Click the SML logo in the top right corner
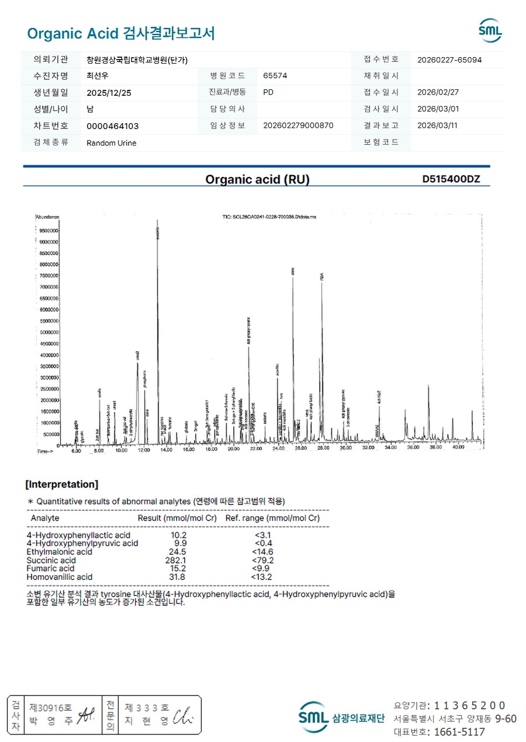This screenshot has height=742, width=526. [490, 30]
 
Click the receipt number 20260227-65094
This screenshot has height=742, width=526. [449, 60]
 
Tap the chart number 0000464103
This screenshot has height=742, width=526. [112, 126]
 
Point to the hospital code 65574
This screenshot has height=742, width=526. [275, 76]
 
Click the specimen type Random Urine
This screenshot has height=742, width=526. [111, 143]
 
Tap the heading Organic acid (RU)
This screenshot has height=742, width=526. [257, 180]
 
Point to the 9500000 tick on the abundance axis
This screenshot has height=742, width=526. [47, 231]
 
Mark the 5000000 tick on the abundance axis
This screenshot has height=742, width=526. [47, 332]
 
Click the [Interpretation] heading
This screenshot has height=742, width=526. [62, 485]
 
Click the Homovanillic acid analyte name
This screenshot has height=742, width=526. [59, 577]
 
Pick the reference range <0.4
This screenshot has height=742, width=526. [262, 544]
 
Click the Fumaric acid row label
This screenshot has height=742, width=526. [50, 569]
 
